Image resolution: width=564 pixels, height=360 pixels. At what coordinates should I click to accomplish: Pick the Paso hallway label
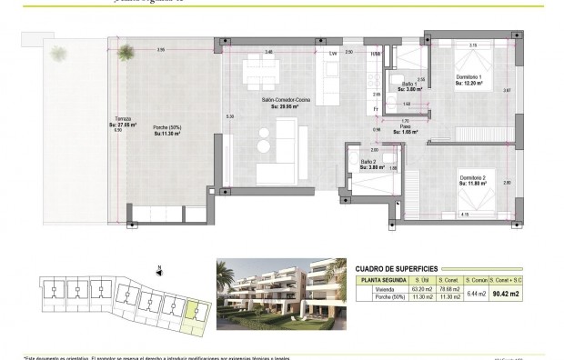tap(405, 128)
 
